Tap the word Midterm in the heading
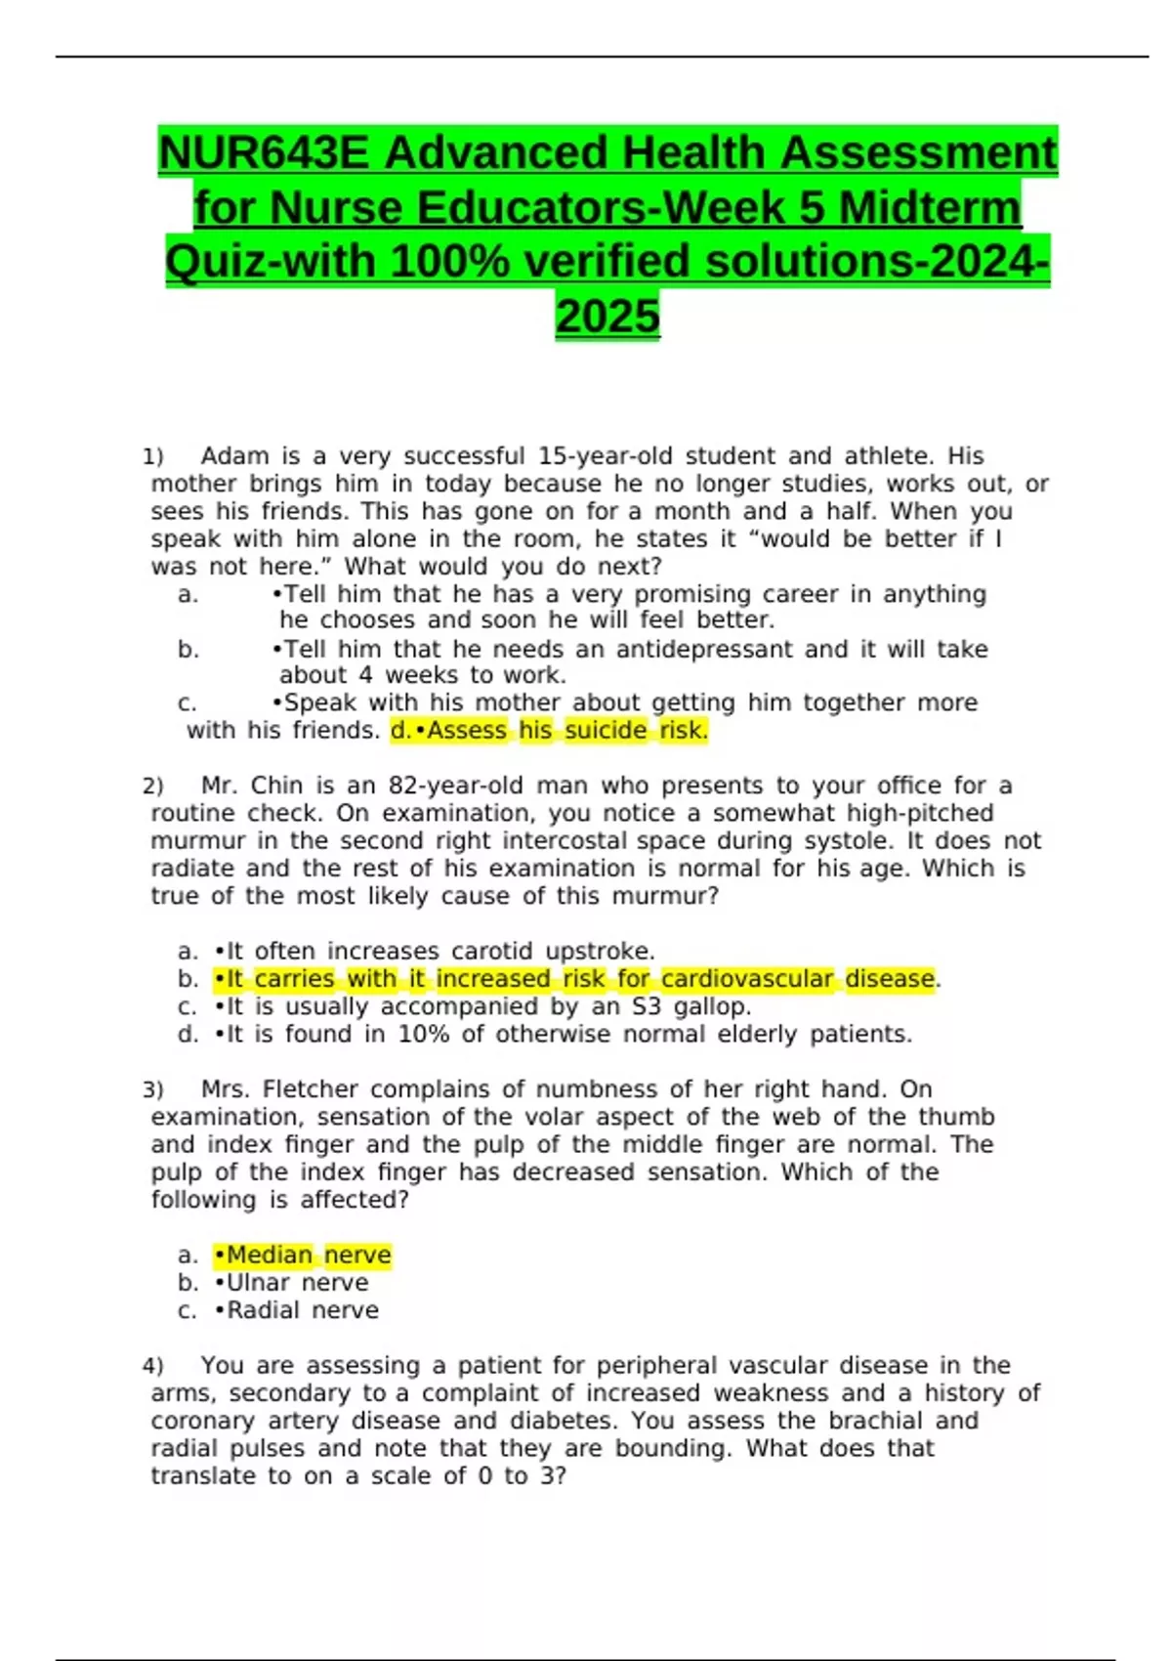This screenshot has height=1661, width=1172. pyautogui.click(x=930, y=208)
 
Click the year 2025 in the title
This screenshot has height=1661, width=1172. pyautogui.click(x=607, y=317)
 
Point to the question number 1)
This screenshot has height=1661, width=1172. pyautogui.click(x=152, y=457)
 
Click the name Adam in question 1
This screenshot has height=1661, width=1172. pyautogui.click(x=234, y=456)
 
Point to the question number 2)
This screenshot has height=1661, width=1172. pyautogui.click(x=152, y=787)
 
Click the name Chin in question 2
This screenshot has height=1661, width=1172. pyautogui.click(x=277, y=786)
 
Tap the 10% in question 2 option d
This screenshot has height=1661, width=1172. pyautogui.click(x=423, y=1034)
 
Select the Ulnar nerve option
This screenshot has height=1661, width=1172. pyautogui.click(x=297, y=1283)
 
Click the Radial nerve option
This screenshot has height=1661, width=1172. pyautogui.click(x=302, y=1310)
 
